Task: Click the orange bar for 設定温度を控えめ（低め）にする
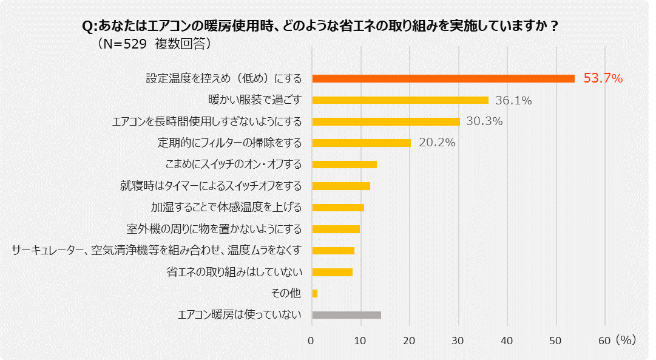(x=443, y=78)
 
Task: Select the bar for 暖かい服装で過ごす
(x=400, y=100)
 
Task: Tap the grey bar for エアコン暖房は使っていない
(x=347, y=314)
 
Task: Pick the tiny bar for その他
(x=314, y=293)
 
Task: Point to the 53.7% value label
(x=603, y=78)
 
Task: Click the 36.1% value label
(x=513, y=100)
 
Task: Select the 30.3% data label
(x=484, y=121)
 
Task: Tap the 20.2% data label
(x=437, y=143)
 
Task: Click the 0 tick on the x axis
(x=312, y=341)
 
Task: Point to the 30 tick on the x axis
(x=459, y=341)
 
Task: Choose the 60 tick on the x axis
(x=604, y=341)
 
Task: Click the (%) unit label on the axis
(x=626, y=341)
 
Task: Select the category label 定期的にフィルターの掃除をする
(x=229, y=143)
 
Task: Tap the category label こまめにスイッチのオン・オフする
(x=234, y=164)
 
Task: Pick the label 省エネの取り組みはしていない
(x=234, y=271)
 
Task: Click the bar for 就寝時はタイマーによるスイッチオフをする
(x=341, y=186)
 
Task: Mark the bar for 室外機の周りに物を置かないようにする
(x=336, y=229)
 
